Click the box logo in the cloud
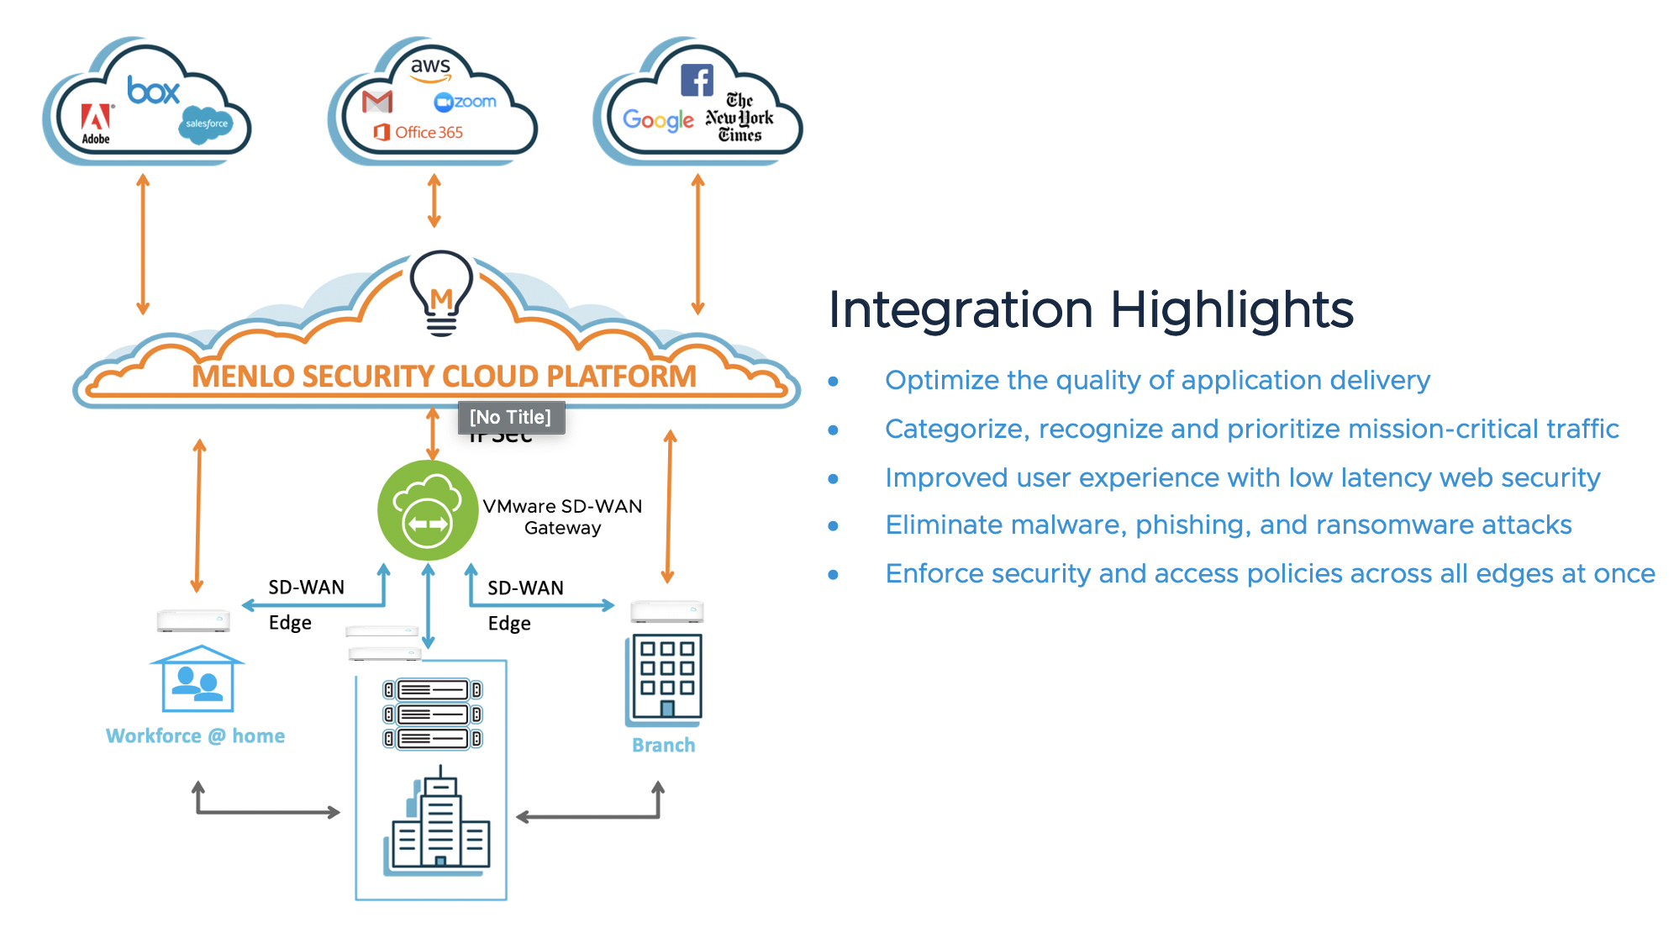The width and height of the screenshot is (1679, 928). pos(154,90)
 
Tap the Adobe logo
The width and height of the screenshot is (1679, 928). pos(96,124)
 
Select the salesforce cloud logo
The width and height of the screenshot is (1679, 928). pos(206,124)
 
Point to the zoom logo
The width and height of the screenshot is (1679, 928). pos(466,102)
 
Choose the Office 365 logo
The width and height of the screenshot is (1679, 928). pos(418,132)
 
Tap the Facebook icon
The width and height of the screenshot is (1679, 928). pos(697,81)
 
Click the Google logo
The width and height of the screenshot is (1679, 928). pos(658,120)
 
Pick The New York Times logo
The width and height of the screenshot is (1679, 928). pos(739,118)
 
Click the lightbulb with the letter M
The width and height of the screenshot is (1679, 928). pos(441,293)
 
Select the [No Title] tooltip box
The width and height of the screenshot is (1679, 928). pos(511,417)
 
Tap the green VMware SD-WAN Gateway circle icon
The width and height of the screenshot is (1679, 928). pos(428,510)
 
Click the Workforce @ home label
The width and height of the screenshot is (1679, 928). pos(195,736)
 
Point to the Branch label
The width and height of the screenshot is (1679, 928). pos(664,745)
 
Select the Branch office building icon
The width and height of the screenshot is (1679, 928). pos(664,679)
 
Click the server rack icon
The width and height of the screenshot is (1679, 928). pos(432,714)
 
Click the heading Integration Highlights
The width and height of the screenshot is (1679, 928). pos(1091,309)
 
